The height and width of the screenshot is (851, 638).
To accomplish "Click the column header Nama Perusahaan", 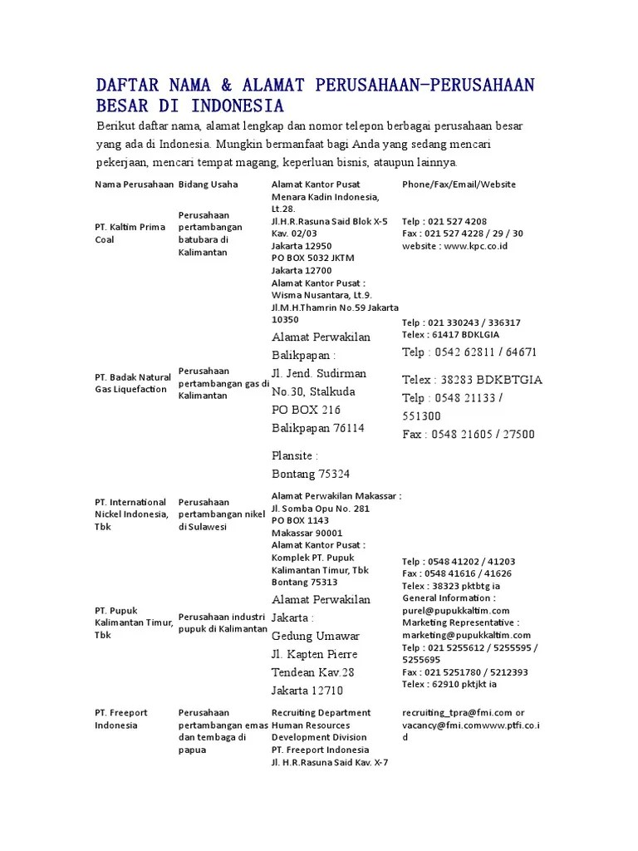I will [x=134, y=184].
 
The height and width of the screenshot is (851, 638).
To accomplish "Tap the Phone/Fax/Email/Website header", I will [x=459, y=184].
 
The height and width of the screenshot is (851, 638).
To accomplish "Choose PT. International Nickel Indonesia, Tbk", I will [x=131, y=514].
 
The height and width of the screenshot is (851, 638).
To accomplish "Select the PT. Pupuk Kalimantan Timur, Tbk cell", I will [x=134, y=622].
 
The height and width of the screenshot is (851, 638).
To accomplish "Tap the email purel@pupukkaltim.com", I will [x=455, y=611].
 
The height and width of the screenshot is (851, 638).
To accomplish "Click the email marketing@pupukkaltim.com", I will [x=466, y=635].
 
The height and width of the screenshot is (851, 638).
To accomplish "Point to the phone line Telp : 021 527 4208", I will [x=444, y=222].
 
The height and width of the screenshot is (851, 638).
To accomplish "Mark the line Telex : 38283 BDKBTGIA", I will [x=472, y=380].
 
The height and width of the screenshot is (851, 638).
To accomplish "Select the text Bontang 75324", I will [x=311, y=474].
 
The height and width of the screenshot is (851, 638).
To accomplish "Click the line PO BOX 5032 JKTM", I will [x=312, y=258].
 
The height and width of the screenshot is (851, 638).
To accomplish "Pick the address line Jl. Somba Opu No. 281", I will [x=321, y=509].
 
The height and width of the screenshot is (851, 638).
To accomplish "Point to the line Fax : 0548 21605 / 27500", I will [x=469, y=434].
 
